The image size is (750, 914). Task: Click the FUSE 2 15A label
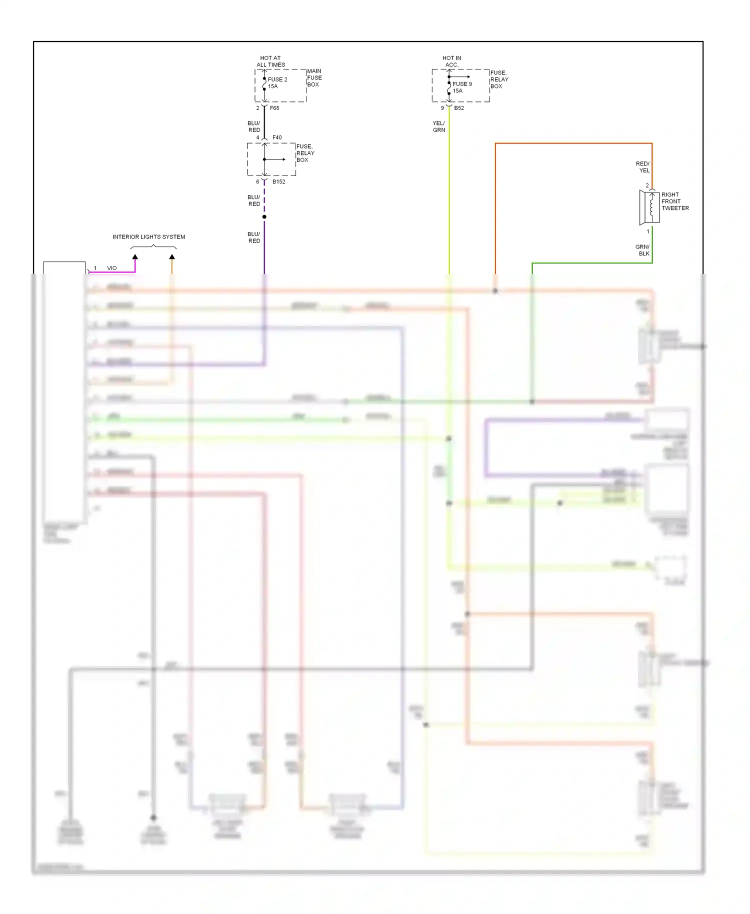[277, 83]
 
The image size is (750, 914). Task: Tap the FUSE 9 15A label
[461, 87]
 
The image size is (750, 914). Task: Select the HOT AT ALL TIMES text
[270, 61]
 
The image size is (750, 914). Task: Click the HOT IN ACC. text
[451, 61]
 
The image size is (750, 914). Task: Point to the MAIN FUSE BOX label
[314, 78]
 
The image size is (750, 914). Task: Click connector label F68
[274, 108]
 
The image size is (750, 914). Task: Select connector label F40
[277, 137]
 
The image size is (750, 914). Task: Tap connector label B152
[278, 182]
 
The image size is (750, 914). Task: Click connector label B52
[459, 108]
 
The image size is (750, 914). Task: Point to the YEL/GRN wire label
[438, 126]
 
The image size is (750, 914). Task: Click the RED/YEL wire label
[643, 167]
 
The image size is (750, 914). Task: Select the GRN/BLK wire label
[642, 250]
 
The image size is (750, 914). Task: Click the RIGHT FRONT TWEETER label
[674, 201]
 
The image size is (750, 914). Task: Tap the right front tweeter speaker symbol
[649, 207]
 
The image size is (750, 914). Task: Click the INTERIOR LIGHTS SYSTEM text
[148, 237]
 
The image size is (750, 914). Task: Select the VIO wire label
[111, 268]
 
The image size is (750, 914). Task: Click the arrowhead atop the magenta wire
[135, 257]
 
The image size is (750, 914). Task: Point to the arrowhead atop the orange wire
[172, 257]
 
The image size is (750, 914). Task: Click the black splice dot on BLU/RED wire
[264, 217]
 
